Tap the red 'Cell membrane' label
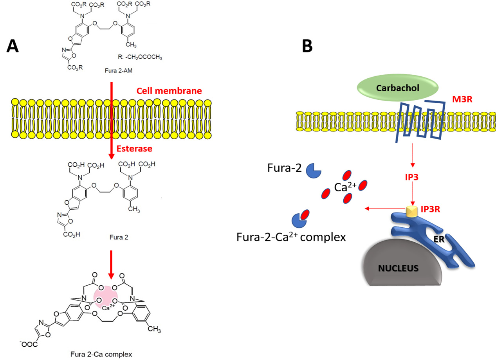pyautogui.click(x=169, y=91)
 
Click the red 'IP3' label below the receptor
pyautogui.click(x=412, y=176)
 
